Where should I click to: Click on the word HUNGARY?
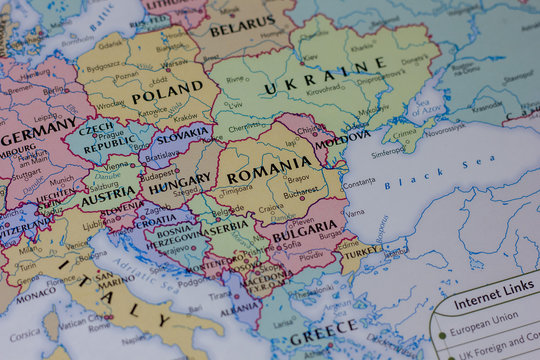tap(180, 183)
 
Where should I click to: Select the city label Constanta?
tap(359, 184)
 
